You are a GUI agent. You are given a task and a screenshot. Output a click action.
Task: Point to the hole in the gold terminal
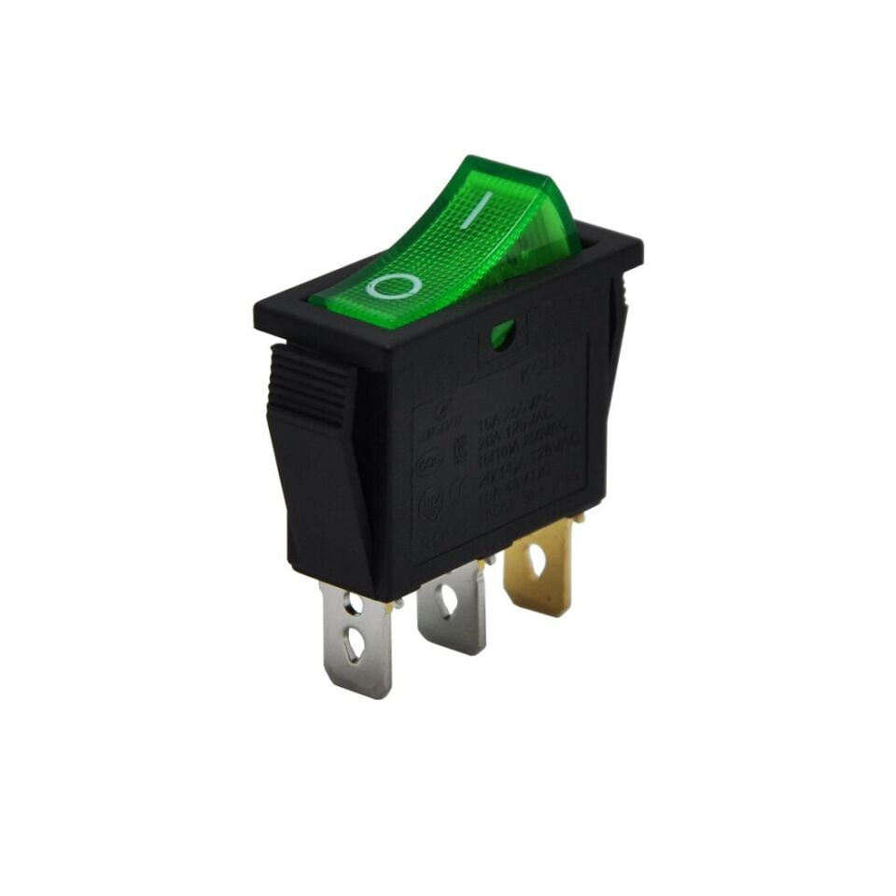tap(536, 559)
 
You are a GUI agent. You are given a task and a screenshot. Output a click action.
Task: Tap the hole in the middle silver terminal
tap(447, 601)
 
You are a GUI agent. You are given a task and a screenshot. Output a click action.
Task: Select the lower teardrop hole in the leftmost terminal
tap(354, 644)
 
